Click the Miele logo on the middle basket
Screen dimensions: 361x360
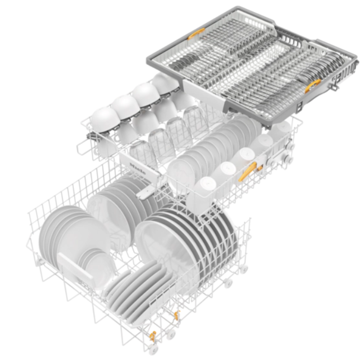coord(138,169)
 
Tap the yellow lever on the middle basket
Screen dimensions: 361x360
coord(247,171)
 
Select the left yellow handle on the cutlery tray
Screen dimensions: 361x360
coord(196,33)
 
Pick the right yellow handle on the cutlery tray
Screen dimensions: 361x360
coord(313,86)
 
